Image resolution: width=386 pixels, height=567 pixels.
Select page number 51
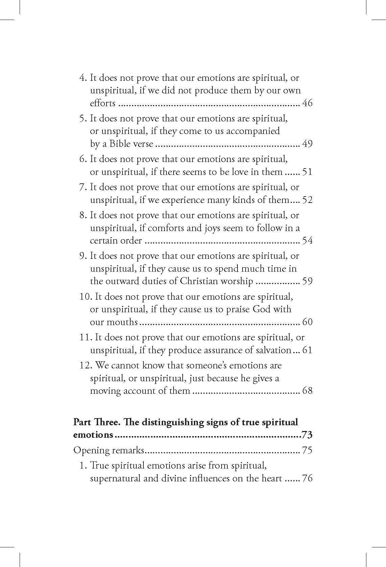(x=307, y=172)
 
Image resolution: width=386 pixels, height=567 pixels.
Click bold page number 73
(x=307, y=435)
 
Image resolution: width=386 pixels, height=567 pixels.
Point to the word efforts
(x=103, y=103)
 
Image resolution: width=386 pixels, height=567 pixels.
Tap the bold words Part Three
(x=96, y=422)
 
